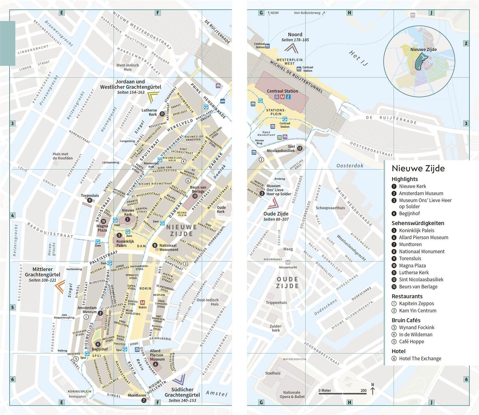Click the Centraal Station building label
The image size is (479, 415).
pyautogui.click(x=282, y=91)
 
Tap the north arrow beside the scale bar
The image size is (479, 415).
pyautogui.click(x=372, y=389)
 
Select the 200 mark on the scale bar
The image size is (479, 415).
pyautogui.click(x=363, y=390)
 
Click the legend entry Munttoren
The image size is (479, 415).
pyautogui.click(x=410, y=244)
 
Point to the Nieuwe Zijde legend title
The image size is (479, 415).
pyautogui.click(x=418, y=168)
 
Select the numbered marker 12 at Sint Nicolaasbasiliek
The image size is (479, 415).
pyautogui.click(x=299, y=148)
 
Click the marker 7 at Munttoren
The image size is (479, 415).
pyautogui.click(x=144, y=400)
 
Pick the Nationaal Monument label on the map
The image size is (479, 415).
pyautogui.click(x=169, y=247)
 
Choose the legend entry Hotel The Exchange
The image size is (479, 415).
pyautogui.click(x=420, y=359)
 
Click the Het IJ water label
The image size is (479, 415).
pyautogui.click(x=359, y=58)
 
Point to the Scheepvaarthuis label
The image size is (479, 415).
pyautogui.click(x=330, y=208)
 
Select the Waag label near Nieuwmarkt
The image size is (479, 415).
pyautogui.click(x=288, y=249)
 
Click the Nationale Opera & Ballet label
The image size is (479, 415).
pyautogui.click(x=292, y=395)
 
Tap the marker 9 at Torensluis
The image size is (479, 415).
pyautogui.click(x=90, y=200)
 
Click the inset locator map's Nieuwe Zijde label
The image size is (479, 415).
pyautogui.click(x=423, y=50)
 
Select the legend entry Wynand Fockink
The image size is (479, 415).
pyautogui.click(x=417, y=327)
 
